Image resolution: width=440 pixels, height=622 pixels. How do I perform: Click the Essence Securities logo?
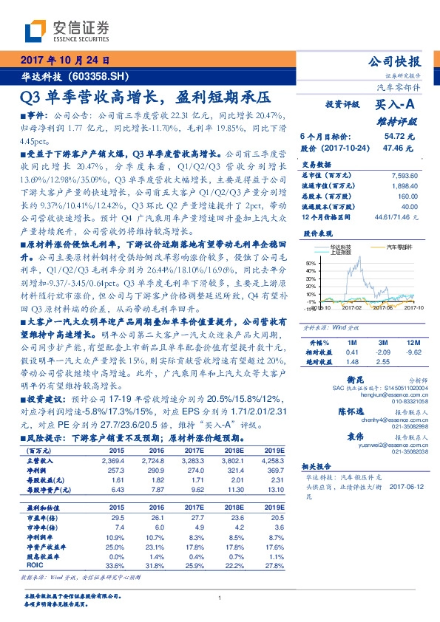click(67, 30)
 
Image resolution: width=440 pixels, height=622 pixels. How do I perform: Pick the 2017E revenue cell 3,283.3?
click(188, 459)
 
